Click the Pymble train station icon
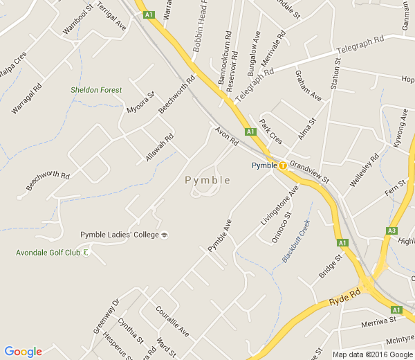point(283,165)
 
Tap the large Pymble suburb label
point(207,180)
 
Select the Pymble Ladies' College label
point(120,235)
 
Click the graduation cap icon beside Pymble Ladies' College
point(165,235)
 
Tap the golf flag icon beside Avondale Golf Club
point(86,253)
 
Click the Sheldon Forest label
point(96,90)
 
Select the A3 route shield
point(391,231)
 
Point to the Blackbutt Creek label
point(296,241)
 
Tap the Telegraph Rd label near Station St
point(360,47)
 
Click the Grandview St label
point(309,170)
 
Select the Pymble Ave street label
point(219,235)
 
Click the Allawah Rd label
point(160,147)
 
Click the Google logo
point(23,351)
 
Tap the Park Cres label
point(271,130)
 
